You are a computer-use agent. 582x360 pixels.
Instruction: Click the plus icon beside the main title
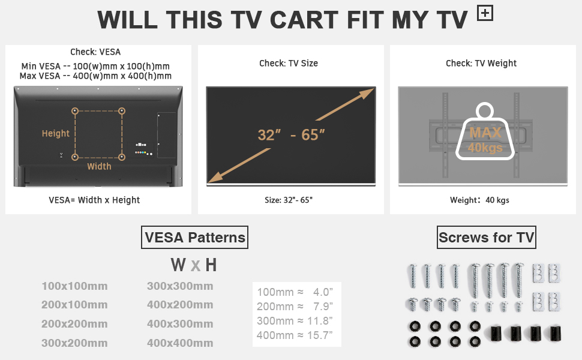coord(485,13)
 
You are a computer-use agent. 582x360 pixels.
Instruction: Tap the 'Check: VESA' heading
coord(95,52)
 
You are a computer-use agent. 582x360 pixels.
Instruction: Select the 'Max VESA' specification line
coord(95,76)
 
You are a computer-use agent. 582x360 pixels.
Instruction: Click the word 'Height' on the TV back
coord(56,134)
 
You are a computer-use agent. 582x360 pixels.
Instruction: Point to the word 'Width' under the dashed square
coord(99,166)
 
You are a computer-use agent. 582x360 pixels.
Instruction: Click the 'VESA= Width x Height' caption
coord(94,200)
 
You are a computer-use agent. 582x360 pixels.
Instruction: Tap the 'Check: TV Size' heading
coord(289,64)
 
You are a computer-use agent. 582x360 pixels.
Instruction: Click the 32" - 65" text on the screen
coord(292,135)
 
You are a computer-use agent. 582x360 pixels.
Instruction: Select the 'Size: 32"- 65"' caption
coord(289,200)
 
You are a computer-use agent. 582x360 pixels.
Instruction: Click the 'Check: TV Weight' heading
coord(481,64)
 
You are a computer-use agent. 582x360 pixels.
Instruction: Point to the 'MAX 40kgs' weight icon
coord(485,131)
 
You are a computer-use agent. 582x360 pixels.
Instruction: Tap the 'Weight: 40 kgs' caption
coord(479,200)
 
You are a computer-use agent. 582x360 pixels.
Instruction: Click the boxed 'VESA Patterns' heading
coord(195,238)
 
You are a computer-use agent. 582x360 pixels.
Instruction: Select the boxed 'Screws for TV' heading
coord(487,238)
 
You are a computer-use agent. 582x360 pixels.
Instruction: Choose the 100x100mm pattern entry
coord(74,286)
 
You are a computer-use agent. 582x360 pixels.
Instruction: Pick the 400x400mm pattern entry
coord(180,343)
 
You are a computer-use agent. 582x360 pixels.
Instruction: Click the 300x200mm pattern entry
coord(74,343)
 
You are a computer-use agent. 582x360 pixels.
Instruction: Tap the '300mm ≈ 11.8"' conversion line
coord(295,320)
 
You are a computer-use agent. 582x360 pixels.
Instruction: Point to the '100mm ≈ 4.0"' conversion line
coord(295,292)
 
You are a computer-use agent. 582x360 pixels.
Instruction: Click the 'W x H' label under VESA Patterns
coord(194,265)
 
